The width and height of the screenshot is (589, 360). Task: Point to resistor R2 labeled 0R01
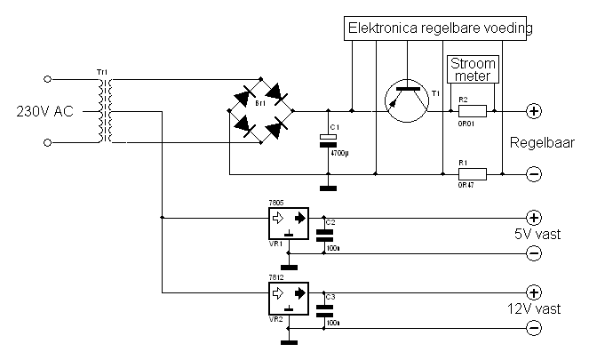click(x=472, y=112)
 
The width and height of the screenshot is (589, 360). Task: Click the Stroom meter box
click(x=473, y=68)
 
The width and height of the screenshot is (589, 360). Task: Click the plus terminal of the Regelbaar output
click(x=534, y=112)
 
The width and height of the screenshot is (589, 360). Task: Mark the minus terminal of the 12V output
click(x=534, y=329)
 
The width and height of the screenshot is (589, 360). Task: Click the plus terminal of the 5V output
click(x=534, y=217)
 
